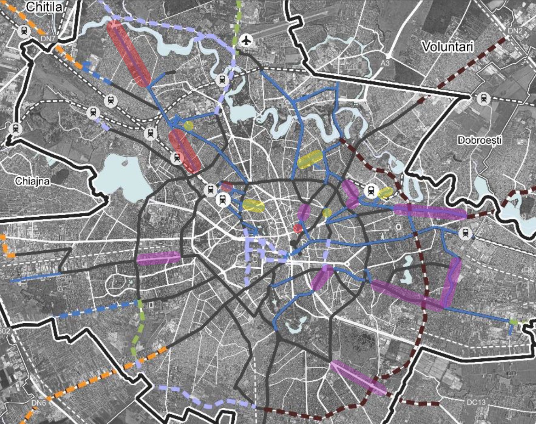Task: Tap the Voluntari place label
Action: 447,47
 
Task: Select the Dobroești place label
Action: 479,140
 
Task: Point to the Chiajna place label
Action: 32,181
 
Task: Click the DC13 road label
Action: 476,402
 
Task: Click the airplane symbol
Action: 246,40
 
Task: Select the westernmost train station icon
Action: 15,129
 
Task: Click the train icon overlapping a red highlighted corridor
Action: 177,158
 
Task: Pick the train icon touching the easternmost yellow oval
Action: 371,191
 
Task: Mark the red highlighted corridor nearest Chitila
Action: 129,53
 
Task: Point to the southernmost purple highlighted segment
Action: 358,377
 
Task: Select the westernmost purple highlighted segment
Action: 158,258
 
